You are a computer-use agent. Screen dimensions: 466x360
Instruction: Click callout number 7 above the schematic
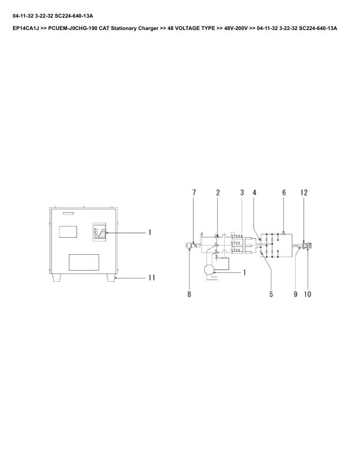point(194,192)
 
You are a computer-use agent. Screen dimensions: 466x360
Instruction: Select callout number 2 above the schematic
point(218,192)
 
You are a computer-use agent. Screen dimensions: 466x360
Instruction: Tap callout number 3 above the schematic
point(242,192)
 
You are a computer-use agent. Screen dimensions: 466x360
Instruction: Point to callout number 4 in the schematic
point(255,192)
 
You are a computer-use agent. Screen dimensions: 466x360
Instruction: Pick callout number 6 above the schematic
point(284,192)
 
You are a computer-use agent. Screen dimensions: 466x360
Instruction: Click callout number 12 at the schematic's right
point(304,192)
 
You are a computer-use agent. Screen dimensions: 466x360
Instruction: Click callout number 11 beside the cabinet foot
point(151,277)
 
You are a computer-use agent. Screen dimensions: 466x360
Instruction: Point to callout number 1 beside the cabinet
point(150,232)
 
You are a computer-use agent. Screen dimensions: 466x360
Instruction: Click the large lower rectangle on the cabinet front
point(84,262)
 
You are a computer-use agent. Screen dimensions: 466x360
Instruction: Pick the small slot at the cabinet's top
point(69,213)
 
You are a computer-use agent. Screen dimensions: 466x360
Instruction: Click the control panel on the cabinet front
point(99,233)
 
